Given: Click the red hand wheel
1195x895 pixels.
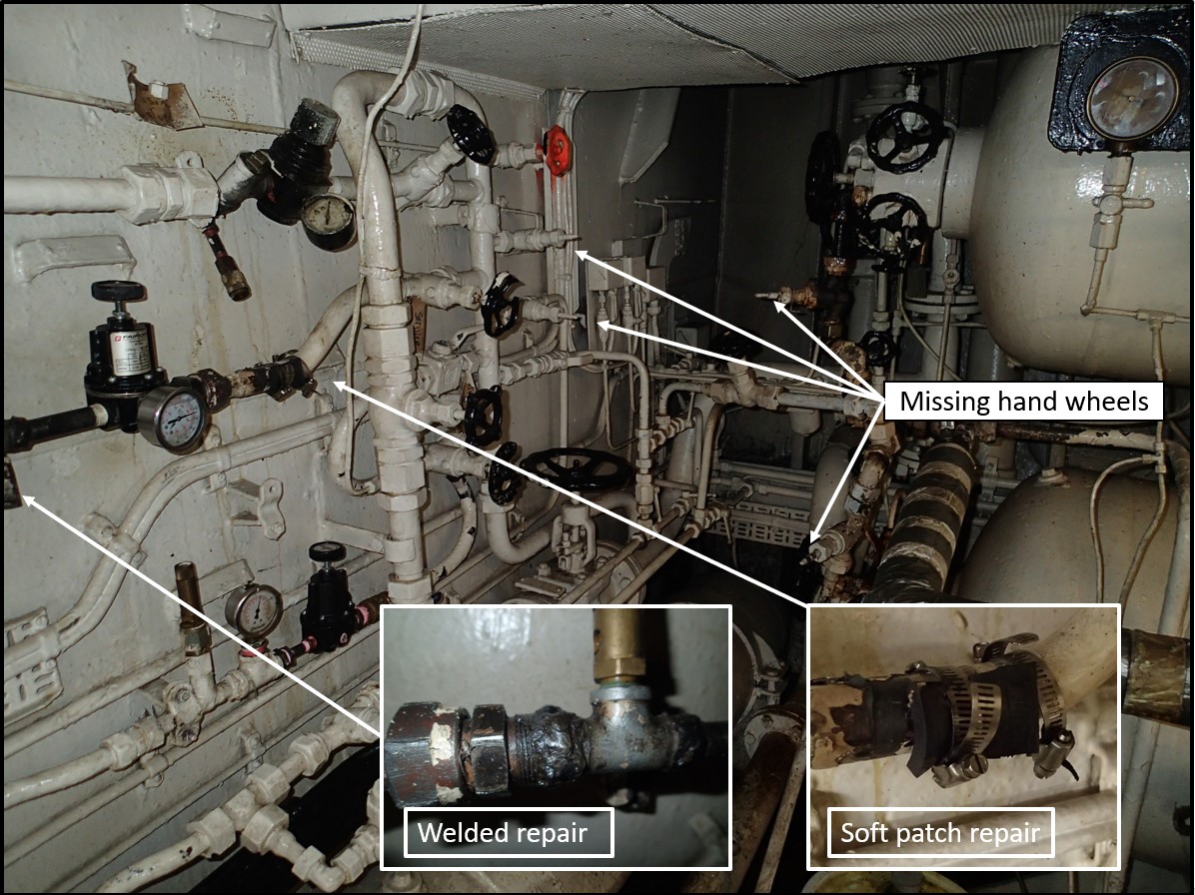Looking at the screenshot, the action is (x=558, y=150).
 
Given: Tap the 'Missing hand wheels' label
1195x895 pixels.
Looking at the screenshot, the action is (x=1023, y=402).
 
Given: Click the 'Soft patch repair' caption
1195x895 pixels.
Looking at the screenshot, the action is (x=940, y=832).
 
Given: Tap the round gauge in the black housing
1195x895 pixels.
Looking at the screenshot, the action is (x=1132, y=99).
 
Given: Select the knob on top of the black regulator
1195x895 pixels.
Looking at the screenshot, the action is (x=118, y=291).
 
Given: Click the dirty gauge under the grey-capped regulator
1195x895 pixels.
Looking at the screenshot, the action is (x=328, y=221).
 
